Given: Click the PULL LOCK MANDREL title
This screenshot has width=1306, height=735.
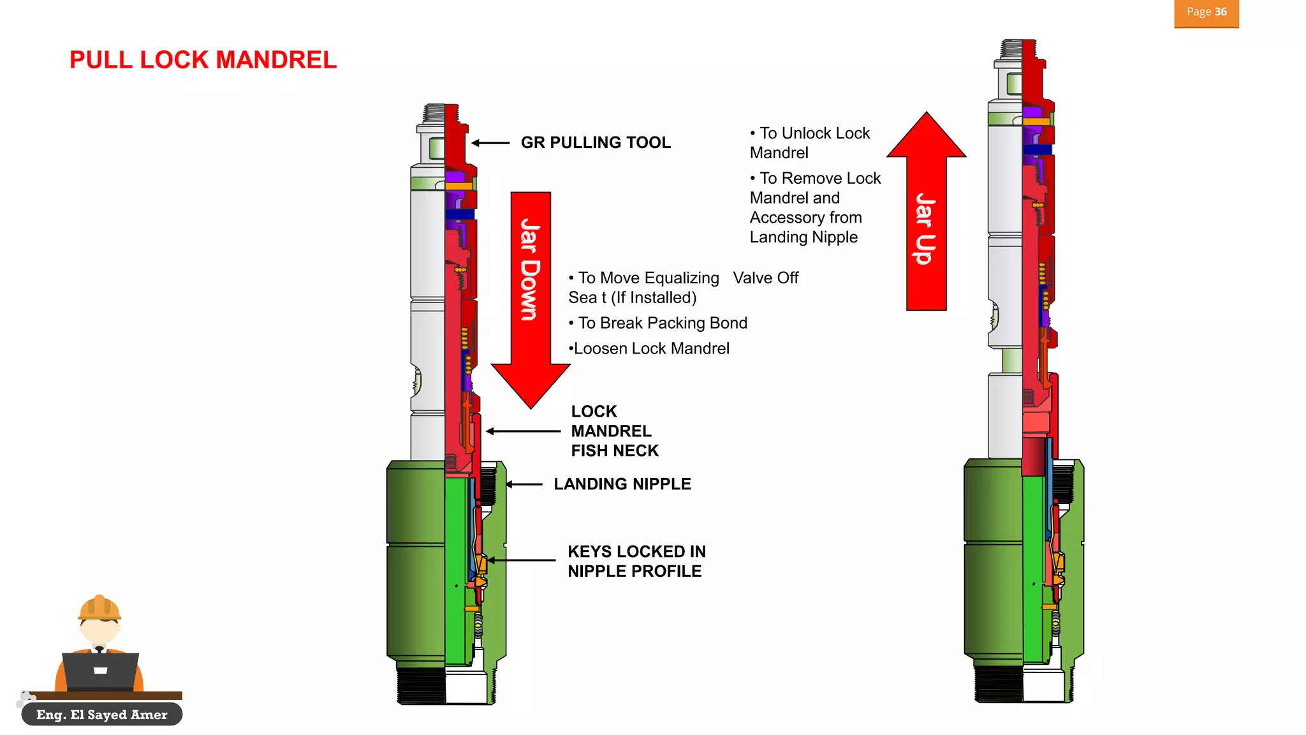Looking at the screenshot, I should [x=203, y=60].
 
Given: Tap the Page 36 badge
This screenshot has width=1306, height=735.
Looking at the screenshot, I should [x=1206, y=13].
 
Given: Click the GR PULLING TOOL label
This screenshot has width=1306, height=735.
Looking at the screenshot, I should [x=596, y=142].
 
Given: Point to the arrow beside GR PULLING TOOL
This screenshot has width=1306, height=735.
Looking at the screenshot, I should [x=490, y=143].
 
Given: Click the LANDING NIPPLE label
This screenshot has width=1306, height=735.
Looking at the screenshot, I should [x=622, y=484].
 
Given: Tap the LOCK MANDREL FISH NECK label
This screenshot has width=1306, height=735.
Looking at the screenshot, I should [x=614, y=431].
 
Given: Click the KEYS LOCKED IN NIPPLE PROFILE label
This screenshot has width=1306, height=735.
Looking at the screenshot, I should [x=636, y=561].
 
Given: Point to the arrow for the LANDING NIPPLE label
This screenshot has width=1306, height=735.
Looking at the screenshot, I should [x=524, y=484].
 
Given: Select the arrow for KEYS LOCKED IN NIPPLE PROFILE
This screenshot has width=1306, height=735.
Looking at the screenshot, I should [x=522, y=560].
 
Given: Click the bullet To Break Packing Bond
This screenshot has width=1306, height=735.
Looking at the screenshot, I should [x=658, y=323].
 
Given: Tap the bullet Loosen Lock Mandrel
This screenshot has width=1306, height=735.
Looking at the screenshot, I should [x=649, y=348].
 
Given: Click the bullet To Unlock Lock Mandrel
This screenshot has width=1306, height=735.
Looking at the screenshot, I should [x=810, y=143].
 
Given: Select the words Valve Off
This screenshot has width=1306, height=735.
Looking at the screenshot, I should [x=765, y=278].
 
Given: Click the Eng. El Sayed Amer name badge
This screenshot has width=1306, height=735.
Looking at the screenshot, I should [x=102, y=715].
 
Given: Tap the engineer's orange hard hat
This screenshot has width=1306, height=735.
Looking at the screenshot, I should [x=99, y=608].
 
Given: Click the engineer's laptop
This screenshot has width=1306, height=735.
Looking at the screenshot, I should [x=100, y=671].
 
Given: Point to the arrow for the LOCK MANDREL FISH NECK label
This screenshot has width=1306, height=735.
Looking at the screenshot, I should [x=523, y=431].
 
